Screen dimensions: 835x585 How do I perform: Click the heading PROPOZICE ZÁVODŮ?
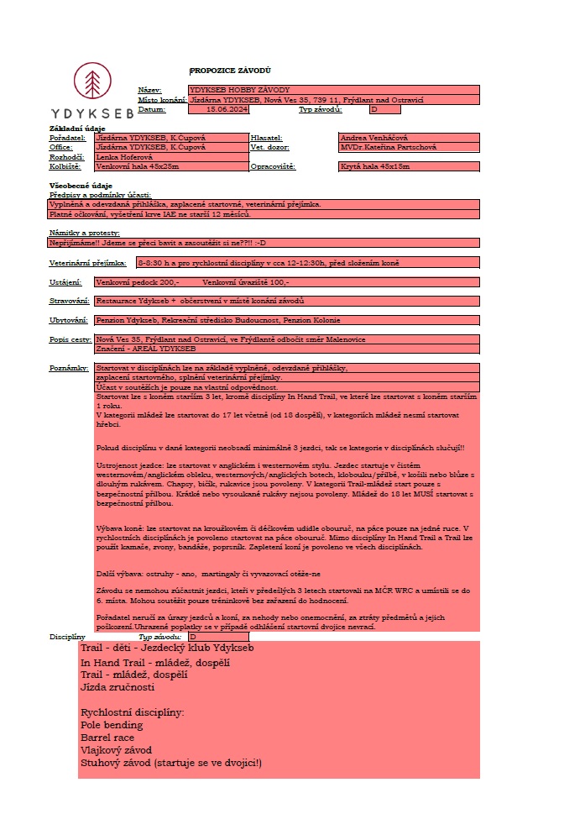point(230,71)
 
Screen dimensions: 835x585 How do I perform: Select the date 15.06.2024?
point(222,109)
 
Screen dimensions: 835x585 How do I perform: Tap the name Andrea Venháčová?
point(374,138)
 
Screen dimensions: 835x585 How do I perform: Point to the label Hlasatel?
point(267,138)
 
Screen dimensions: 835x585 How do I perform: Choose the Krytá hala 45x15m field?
point(374,166)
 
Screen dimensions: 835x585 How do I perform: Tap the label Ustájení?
point(65,282)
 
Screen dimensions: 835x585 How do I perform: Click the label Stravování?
point(70,301)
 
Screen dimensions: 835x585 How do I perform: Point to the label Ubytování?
point(69,320)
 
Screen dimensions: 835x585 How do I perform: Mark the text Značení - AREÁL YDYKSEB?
point(146,348)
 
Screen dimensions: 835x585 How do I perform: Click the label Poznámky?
point(69,368)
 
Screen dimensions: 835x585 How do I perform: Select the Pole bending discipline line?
point(112,725)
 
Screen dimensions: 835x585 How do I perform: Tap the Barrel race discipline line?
point(107,738)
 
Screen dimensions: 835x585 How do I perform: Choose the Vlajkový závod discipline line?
point(115,750)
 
